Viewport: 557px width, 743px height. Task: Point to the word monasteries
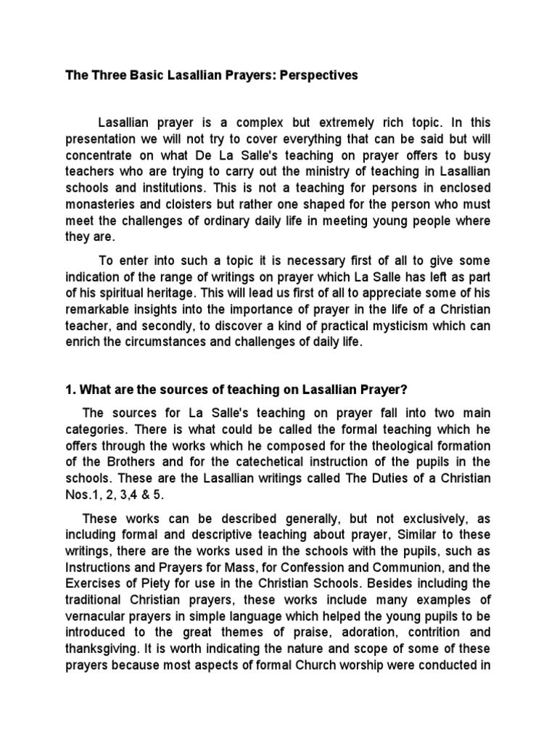click(104, 204)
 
